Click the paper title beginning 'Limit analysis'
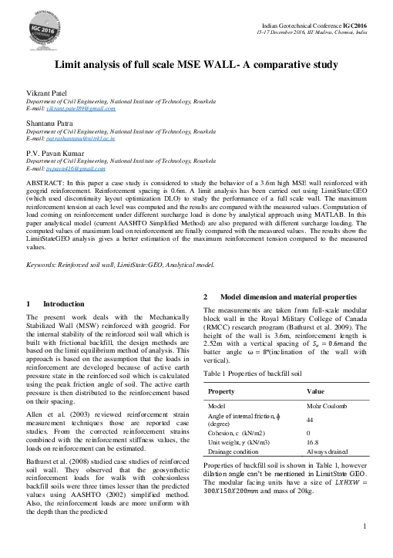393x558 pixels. pos(196,67)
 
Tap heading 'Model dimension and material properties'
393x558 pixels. pos(287,297)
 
